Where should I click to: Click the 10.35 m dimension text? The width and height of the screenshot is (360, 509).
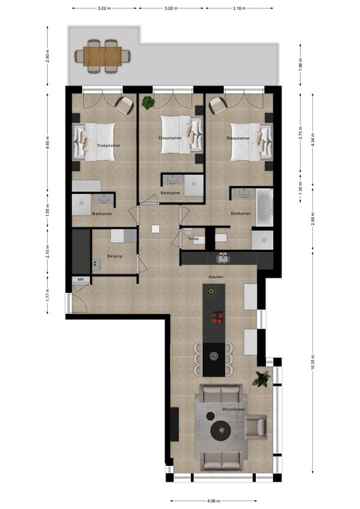312,363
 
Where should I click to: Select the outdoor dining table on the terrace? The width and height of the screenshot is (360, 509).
102,56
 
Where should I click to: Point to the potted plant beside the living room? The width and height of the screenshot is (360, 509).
263,379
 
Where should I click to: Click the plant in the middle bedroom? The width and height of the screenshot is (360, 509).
148,102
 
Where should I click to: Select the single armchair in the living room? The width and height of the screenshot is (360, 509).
255,427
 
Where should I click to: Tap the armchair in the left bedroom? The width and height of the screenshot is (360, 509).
124,103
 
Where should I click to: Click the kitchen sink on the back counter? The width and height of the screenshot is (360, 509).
223,257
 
